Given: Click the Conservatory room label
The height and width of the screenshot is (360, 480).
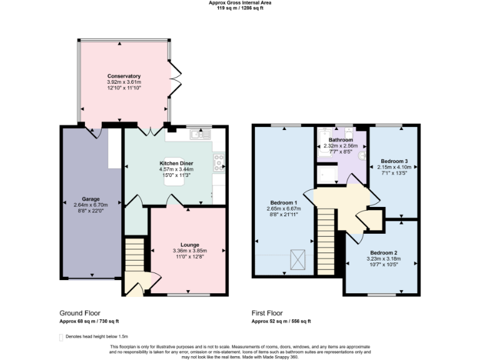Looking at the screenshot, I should (123, 76).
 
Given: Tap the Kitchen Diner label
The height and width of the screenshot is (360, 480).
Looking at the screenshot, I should (176, 163).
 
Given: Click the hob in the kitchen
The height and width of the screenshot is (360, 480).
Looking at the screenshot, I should (219, 162).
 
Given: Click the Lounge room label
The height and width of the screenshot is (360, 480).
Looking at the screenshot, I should (189, 244).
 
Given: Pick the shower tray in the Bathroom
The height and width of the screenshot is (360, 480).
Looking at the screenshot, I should (327, 175).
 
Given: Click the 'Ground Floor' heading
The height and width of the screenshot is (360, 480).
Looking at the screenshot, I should (79, 313).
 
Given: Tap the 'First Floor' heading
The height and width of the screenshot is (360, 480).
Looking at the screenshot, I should (267, 313).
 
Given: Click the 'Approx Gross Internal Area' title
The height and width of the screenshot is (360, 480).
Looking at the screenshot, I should (240, 2).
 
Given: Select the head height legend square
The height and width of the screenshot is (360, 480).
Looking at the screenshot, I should (61, 337).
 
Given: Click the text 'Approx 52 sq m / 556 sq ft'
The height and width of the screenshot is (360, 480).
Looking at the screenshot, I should (281, 321).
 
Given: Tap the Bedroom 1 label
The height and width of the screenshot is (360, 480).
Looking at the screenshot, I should (285, 202).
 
